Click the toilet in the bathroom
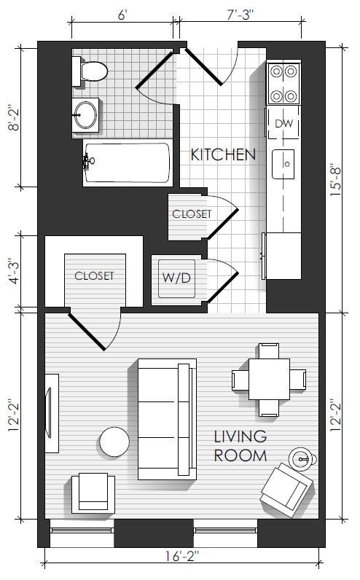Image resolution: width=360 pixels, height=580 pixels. [x=90, y=71]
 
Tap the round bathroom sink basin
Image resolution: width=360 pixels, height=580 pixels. [x=85, y=115]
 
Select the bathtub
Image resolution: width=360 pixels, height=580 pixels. [x=128, y=162]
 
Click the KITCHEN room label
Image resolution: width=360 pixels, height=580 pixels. [x=223, y=154]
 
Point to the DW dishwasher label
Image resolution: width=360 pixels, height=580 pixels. [x=283, y=123]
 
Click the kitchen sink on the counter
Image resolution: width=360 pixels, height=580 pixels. [x=283, y=164]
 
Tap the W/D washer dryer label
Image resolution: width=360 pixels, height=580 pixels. [x=176, y=278]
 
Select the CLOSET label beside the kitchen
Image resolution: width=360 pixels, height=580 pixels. [x=192, y=213]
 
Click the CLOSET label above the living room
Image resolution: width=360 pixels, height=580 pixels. [x=94, y=275]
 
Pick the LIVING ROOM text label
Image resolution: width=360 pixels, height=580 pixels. [x=240, y=446]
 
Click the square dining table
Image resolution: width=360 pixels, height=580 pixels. [x=269, y=379]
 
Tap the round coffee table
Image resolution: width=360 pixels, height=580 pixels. [x=114, y=442]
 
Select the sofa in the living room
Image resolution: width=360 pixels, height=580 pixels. [x=167, y=419]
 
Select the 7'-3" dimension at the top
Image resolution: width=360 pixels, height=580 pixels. [x=240, y=15]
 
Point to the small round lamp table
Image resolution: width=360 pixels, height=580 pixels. [x=303, y=460]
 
